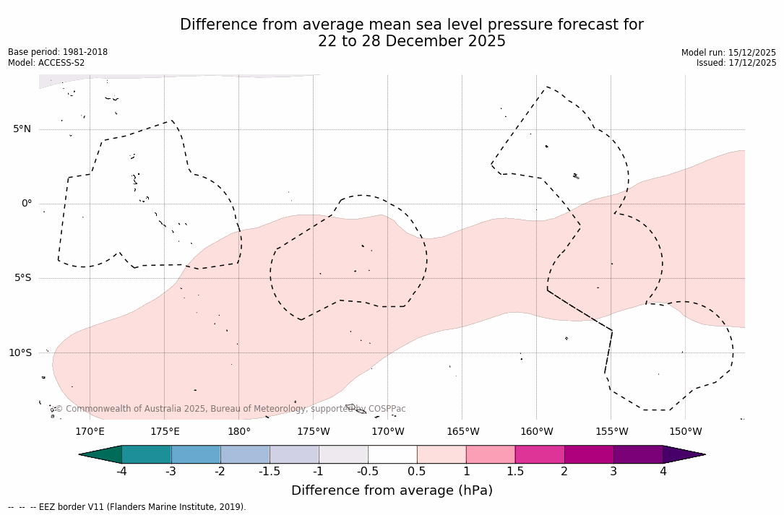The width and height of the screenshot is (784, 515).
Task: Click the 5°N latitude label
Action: [22, 129]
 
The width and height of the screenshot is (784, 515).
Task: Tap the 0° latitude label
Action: [27, 204]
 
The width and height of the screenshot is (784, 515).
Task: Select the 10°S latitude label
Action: [20, 353]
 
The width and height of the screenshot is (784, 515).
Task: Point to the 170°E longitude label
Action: [90, 432]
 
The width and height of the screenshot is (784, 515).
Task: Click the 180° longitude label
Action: [239, 432]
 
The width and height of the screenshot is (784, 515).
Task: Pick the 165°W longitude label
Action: [462, 432]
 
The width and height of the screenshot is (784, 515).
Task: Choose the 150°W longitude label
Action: [686, 432]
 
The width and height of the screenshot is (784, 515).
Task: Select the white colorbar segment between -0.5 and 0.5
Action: [392, 454]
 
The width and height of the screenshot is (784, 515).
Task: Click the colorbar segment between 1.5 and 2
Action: [540, 454]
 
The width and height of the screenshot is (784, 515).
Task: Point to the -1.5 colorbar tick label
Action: [270, 472]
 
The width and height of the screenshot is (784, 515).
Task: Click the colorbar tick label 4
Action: [663, 472]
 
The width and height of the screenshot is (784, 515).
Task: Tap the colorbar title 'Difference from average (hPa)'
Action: [392, 490]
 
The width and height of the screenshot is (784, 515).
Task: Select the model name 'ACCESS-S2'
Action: [61, 63]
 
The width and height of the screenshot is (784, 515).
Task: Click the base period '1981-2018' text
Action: [85, 52]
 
